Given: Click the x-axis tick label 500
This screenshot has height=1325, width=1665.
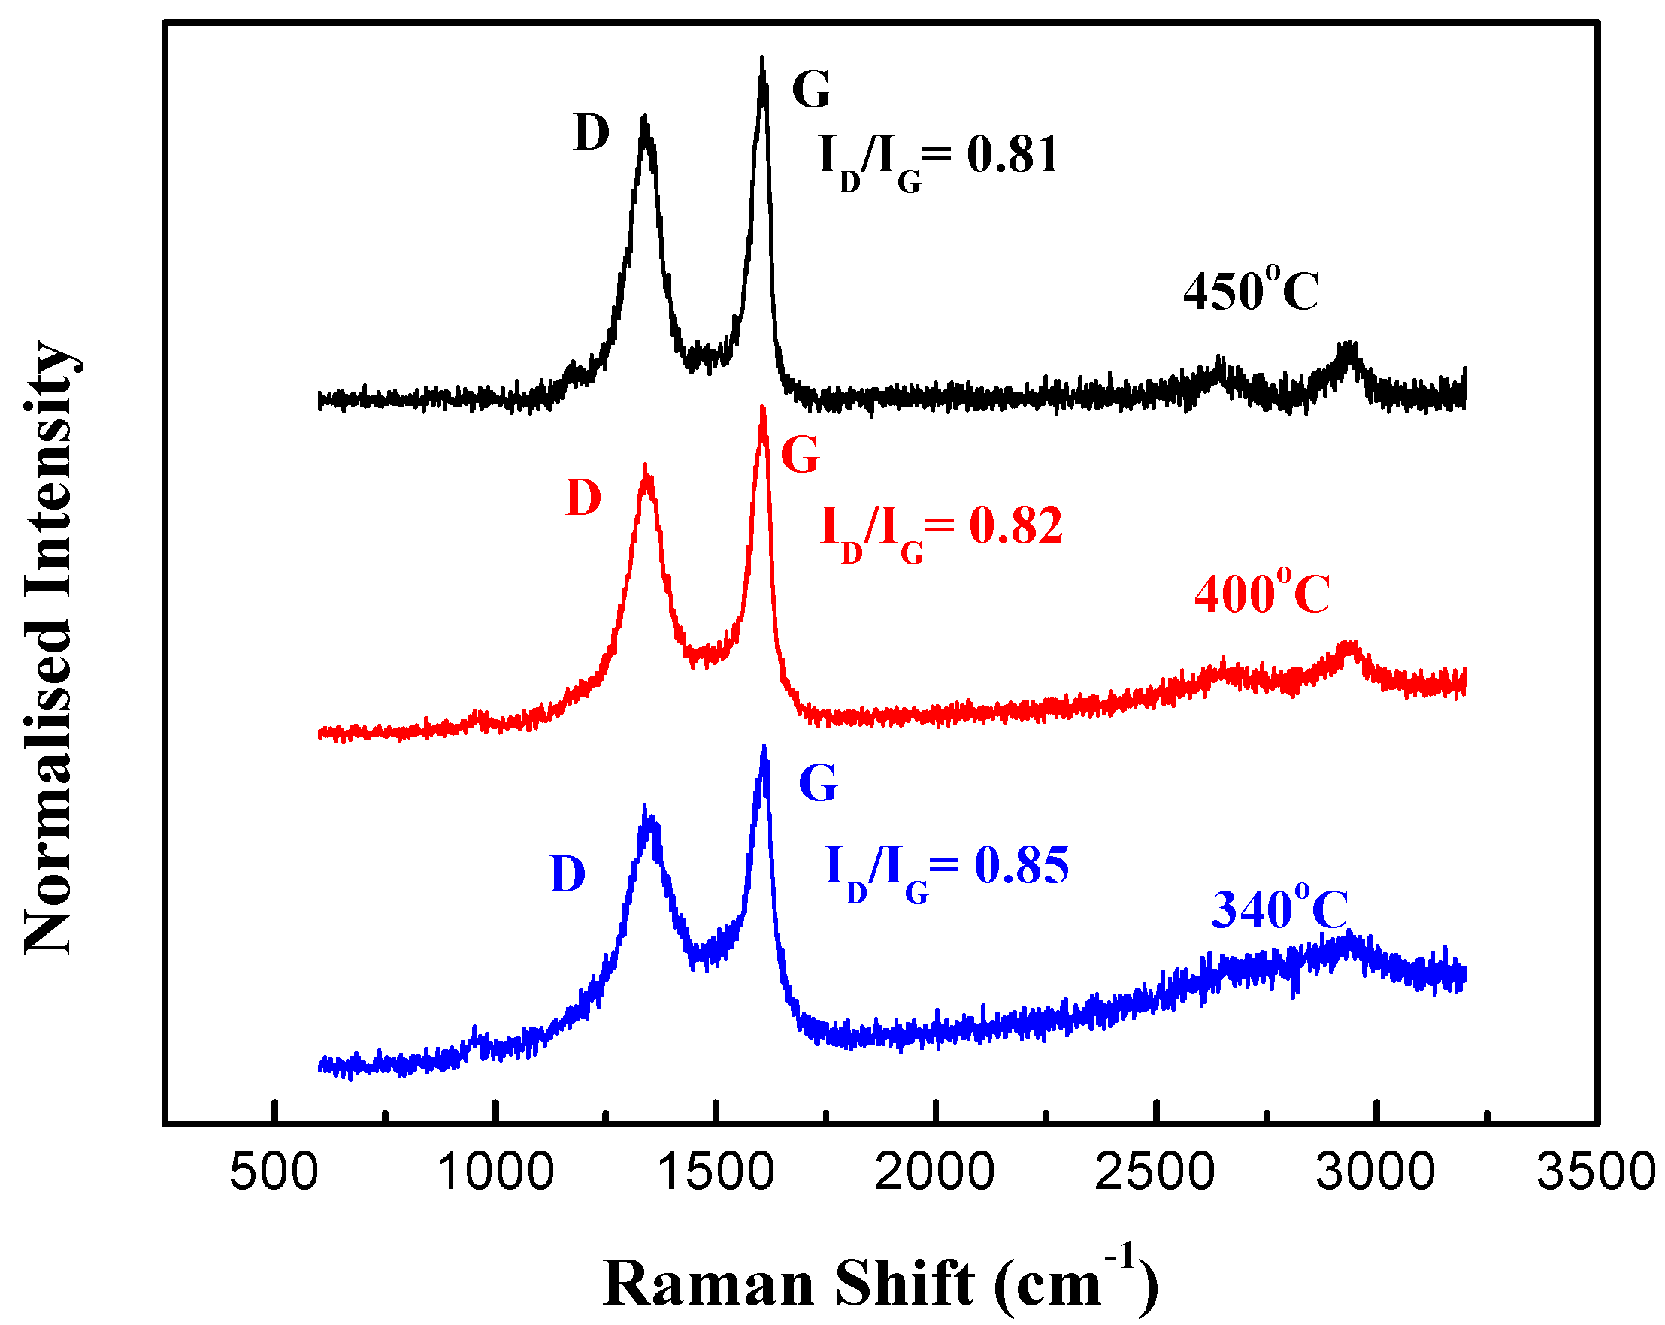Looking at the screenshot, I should (274, 1172).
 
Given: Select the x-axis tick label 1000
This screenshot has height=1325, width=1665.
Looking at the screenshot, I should (495, 1172).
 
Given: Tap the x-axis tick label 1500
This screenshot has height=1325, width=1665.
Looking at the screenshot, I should (716, 1172).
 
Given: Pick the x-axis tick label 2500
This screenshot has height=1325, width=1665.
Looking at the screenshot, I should (1155, 1172).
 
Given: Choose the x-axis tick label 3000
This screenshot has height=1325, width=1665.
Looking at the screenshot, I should (1376, 1172).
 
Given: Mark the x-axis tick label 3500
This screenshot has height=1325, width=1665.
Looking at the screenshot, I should (1596, 1172).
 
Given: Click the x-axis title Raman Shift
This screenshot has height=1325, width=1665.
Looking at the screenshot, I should (880, 1281).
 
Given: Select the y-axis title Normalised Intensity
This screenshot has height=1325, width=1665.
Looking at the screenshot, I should (50, 649).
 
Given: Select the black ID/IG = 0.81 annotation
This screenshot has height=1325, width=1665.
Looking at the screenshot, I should (938, 159).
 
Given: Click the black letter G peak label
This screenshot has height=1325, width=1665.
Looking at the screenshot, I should (811, 89).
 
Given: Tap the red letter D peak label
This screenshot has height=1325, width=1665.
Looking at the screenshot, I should (583, 498).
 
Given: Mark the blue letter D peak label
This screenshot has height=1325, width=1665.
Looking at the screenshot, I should (568, 875).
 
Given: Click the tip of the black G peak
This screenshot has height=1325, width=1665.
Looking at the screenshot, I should (762, 59).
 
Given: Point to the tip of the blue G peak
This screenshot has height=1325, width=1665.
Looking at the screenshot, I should (764, 748).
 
